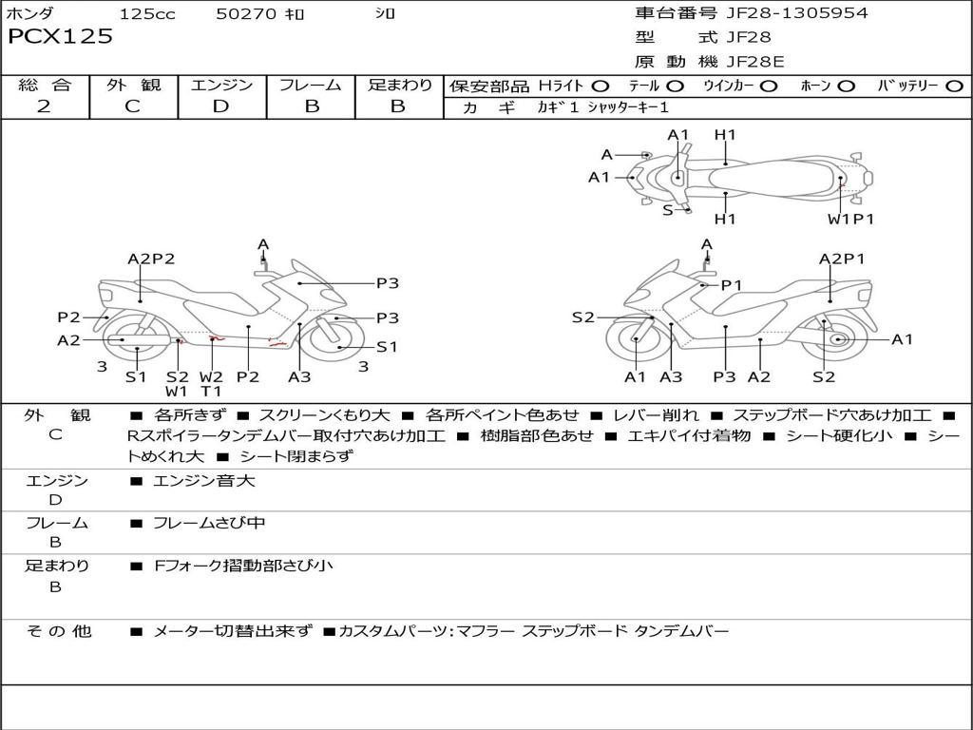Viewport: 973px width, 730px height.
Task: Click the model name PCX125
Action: click(60, 37)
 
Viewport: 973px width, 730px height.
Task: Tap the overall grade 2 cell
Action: click(44, 106)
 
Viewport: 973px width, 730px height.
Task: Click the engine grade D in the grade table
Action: click(220, 106)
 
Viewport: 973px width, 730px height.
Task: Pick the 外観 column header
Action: click(132, 86)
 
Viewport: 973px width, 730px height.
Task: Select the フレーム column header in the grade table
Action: click(311, 86)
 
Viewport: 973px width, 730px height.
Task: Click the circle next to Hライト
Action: click(601, 86)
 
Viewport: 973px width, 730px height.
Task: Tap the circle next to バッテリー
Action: click(954, 86)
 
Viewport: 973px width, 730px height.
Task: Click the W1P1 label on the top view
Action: click(850, 219)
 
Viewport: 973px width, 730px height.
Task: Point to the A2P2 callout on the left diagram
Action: click(151, 258)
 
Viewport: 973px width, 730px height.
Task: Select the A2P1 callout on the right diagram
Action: click(842, 258)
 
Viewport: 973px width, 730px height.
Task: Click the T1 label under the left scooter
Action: click(211, 392)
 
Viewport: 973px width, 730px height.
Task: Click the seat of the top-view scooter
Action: click(770, 177)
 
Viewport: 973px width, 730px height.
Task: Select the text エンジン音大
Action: click(204, 481)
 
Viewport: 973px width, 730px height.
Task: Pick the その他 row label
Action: click(58, 631)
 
